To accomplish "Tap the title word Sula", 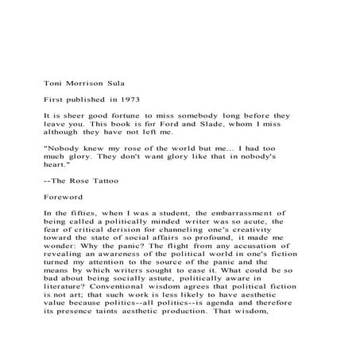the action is pos(113,80).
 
